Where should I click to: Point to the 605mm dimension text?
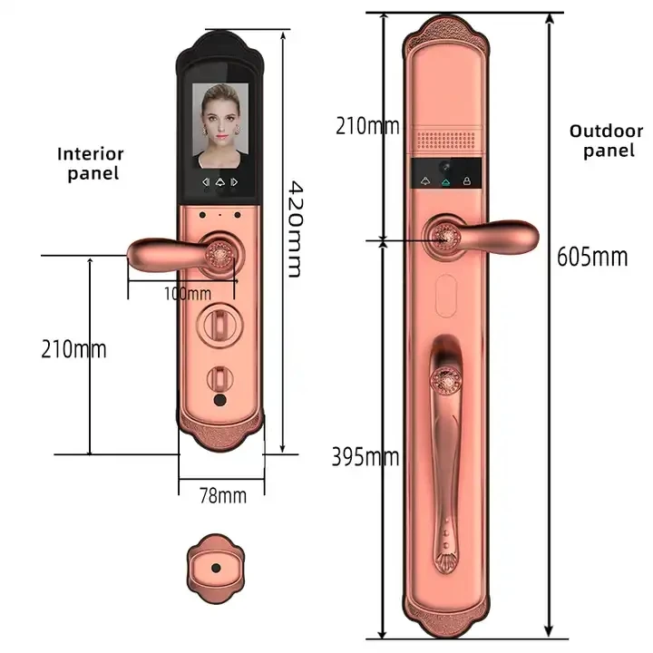coord(592,257)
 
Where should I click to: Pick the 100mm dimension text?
coord(188,293)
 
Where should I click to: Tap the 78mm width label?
coord(222,495)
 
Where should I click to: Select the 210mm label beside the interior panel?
coord(73,348)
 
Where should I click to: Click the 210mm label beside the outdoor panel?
coord(366,125)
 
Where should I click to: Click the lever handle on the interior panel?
coord(172,255)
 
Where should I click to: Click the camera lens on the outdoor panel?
coord(446,171)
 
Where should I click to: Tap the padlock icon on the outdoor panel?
coord(467,180)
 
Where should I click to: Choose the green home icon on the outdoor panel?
coord(446,181)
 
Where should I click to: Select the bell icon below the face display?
coord(219,182)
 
